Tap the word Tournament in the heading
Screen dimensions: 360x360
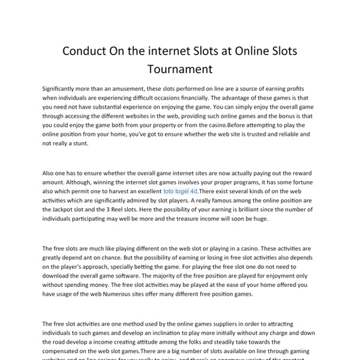click(180, 68)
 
